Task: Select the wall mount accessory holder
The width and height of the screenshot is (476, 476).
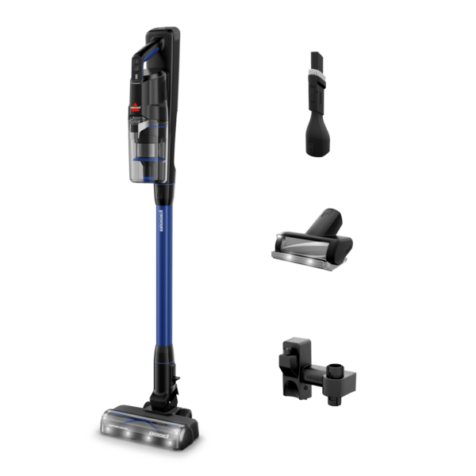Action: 313,368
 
